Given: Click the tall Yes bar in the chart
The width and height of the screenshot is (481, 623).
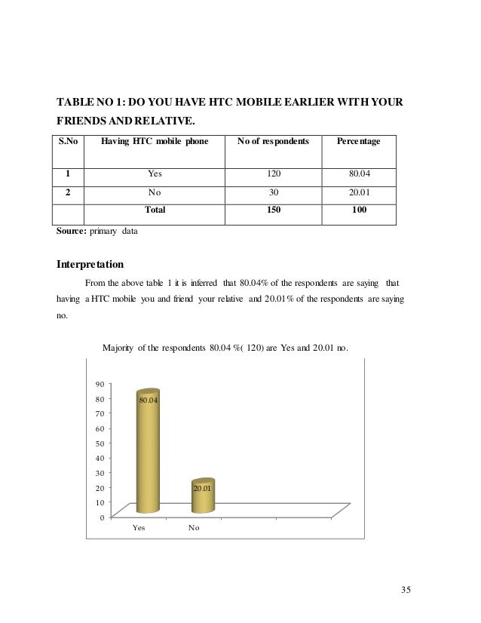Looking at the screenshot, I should click(x=147, y=453).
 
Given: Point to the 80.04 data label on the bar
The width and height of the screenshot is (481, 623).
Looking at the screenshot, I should click(x=148, y=400).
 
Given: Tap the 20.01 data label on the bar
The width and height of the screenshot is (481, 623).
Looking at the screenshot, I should click(x=202, y=489).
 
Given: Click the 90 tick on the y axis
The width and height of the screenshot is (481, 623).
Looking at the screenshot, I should click(x=100, y=385).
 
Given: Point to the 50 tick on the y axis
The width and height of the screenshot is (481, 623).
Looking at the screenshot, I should click(x=100, y=443).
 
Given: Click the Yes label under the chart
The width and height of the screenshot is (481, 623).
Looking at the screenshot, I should click(x=139, y=528).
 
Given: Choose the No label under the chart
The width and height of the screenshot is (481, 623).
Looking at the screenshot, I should click(x=194, y=528).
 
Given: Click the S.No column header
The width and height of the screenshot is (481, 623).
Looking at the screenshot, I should click(x=67, y=142).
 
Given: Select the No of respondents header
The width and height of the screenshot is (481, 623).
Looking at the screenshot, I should click(x=272, y=142).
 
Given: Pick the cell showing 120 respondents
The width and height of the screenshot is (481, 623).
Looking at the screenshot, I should click(x=272, y=174).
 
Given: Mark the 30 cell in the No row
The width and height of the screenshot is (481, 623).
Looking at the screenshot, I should click(x=272, y=192).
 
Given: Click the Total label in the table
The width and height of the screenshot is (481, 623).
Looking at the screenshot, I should click(x=155, y=210).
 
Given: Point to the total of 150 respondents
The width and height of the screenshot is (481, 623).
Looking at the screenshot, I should click(x=272, y=210).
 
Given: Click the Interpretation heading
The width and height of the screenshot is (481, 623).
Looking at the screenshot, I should click(x=91, y=265).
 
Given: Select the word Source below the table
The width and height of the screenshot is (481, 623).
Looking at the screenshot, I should click(x=72, y=232).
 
